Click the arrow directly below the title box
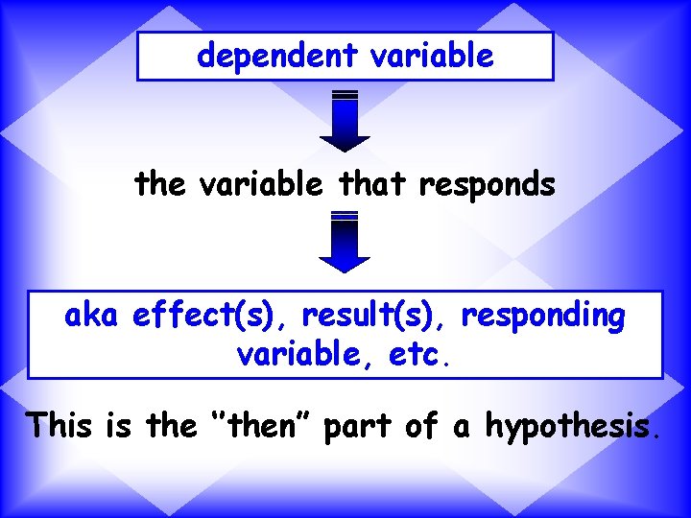click(x=345, y=121)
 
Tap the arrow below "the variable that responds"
click(x=345, y=242)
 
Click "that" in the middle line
click(x=372, y=183)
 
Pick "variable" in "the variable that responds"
click(x=260, y=183)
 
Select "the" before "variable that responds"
click(x=161, y=183)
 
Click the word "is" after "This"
click(x=122, y=424)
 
